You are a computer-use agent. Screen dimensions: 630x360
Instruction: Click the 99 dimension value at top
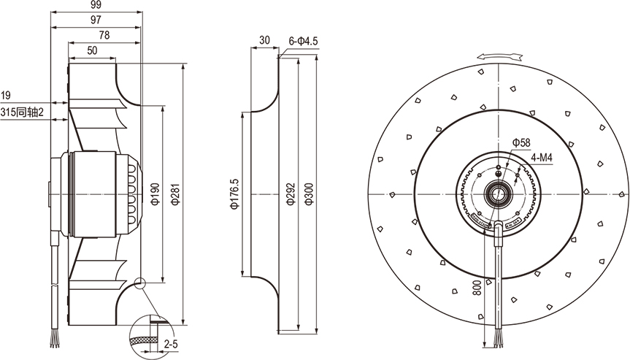(x=96, y=5)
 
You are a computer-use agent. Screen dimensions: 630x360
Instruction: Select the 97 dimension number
(x=96, y=20)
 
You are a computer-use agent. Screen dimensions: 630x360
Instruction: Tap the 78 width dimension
(x=104, y=35)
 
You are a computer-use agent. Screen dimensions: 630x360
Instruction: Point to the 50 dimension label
(x=92, y=50)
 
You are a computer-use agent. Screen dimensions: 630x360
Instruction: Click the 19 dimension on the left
(x=6, y=96)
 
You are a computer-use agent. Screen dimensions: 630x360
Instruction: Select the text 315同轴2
(x=22, y=112)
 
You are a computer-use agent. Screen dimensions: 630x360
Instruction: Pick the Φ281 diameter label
(x=176, y=194)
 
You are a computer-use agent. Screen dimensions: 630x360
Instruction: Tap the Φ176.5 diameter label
(x=234, y=194)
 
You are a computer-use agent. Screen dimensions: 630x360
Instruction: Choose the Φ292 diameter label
(x=291, y=194)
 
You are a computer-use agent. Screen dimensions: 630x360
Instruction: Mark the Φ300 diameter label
(x=309, y=194)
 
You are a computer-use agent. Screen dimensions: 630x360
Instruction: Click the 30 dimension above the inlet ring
(x=264, y=40)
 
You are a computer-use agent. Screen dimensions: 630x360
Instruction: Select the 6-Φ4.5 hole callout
(x=304, y=41)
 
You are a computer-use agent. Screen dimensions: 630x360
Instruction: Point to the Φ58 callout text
(x=521, y=142)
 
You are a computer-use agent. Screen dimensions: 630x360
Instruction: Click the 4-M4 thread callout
(x=542, y=158)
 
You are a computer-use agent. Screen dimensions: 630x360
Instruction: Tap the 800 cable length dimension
(x=477, y=288)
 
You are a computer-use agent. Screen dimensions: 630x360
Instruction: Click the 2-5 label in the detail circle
(x=171, y=345)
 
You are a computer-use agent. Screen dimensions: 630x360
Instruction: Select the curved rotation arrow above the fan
(x=501, y=57)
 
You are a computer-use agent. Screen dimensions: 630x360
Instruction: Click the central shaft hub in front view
(x=498, y=194)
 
